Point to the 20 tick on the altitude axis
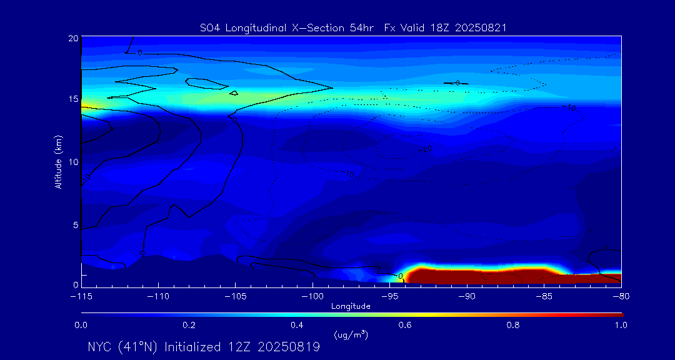tap(72, 39)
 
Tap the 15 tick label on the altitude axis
tap(72, 99)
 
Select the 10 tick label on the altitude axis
tap(72, 162)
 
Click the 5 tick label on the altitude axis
tap(74, 224)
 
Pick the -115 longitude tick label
tap(81, 296)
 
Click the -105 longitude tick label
tap(235, 296)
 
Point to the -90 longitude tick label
tap(467, 296)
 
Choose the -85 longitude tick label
tap(544, 296)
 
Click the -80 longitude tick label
tap(620, 296)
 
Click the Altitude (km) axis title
tap(59, 162)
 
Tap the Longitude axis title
tap(351, 306)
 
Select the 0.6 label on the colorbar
tap(405, 325)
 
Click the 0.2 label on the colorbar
tap(189, 325)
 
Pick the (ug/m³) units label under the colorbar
tap(351, 334)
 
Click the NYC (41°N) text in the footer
tap(124, 347)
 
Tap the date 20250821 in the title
tap(481, 27)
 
